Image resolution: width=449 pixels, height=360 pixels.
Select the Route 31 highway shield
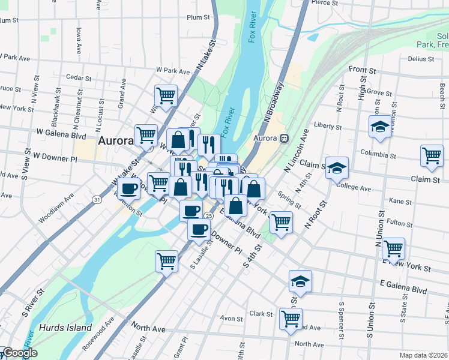pos(96,199)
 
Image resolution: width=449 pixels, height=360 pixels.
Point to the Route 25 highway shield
pos(208,215)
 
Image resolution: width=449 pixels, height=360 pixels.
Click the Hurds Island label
pos(65,328)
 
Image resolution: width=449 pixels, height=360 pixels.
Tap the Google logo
pos(19,353)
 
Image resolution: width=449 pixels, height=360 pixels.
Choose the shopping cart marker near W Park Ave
pos(166,95)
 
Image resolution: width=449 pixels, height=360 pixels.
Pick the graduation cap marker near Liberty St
pos(380,127)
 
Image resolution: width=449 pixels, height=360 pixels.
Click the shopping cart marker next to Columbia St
pos(432,155)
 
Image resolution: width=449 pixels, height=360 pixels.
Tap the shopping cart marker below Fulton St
pos(393,248)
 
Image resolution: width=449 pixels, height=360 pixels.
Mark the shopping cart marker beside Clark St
pos(291,319)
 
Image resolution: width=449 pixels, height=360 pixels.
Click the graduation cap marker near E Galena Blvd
pos(300,281)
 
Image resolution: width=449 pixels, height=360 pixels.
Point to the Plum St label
pos(199,18)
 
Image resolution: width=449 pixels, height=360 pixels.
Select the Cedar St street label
pos(78,78)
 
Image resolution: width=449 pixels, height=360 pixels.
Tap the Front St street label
pos(361,70)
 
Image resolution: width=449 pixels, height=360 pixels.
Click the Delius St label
pos(420,59)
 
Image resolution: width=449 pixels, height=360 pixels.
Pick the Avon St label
pos(230,318)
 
